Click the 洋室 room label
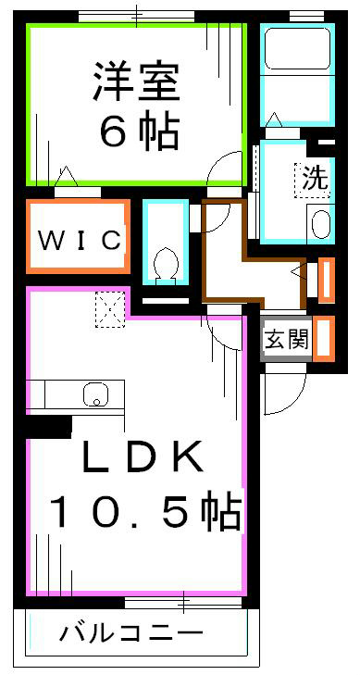coord(135,81)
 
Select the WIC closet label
coord(80,241)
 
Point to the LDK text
coord(141,457)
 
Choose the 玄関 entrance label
coord(286,338)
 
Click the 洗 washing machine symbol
coord(316,179)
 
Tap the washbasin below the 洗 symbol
coord(318,225)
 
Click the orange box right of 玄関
coord(324,338)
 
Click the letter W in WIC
coord(49,241)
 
